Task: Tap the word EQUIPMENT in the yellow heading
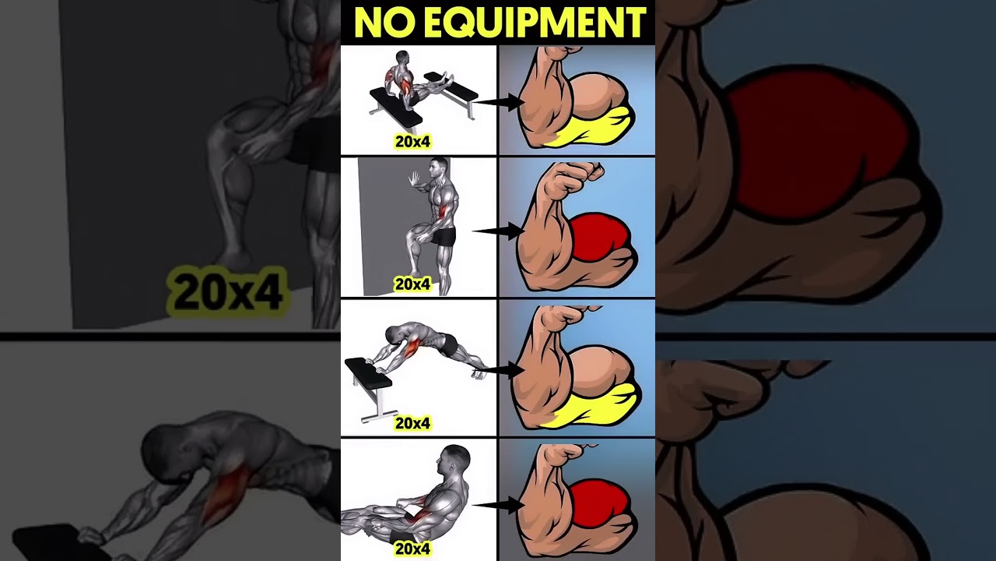click(529, 23)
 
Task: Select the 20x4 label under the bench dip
click(412, 142)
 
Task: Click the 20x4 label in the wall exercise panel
click(412, 284)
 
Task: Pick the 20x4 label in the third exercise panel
click(412, 423)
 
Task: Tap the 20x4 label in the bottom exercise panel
click(412, 549)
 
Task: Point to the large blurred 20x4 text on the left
click(227, 292)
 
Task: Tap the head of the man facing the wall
click(439, 168)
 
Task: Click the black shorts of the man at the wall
click(444, 236)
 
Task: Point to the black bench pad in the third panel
click(369, 373)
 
